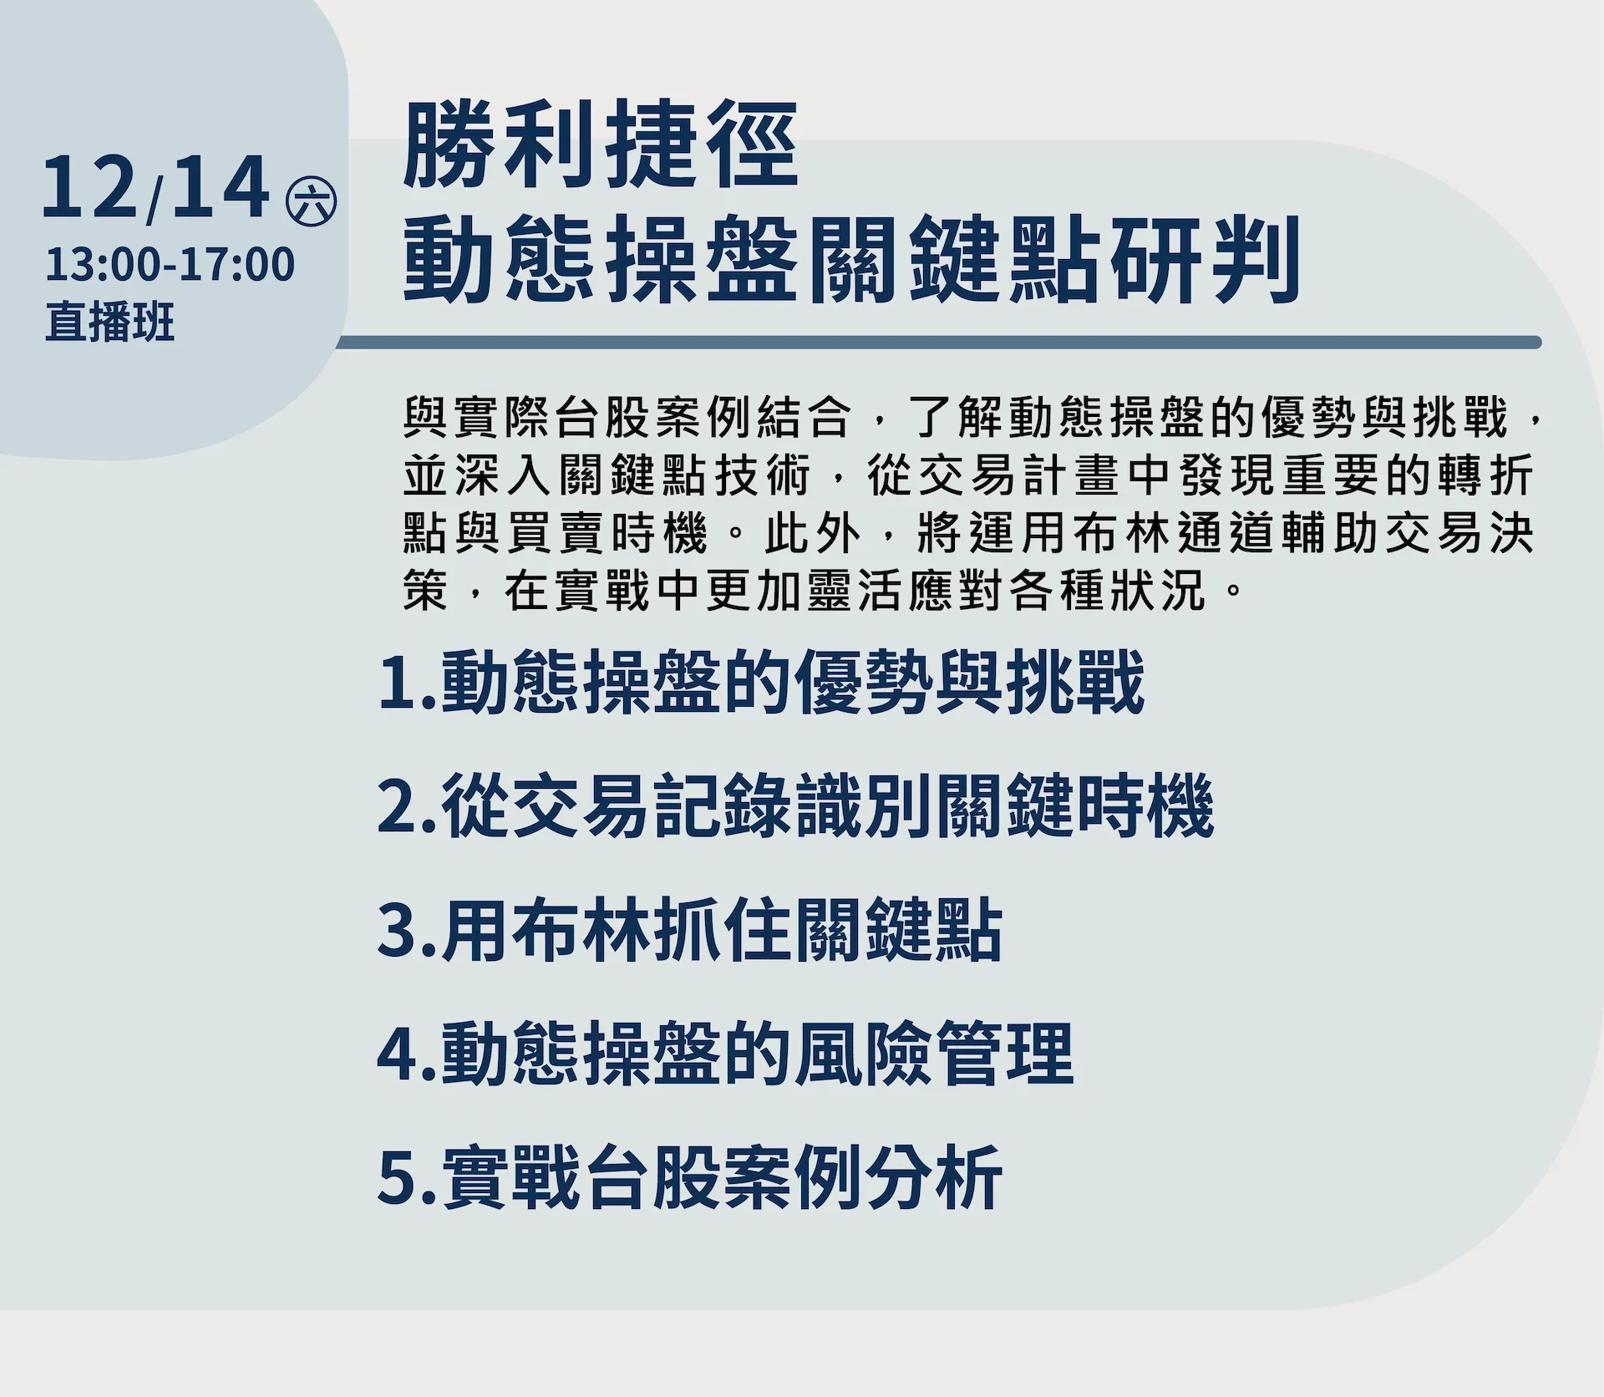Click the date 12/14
(156, 189)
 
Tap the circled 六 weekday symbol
(311, 202)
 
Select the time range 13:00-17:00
(170, 264)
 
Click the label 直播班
(110, 322)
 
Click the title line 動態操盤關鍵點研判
(851, 258)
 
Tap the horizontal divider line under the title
(938, 342)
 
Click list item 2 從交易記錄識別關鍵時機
(796, 806)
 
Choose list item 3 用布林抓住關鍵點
(690, 930)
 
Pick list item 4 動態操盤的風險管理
(725, 1054)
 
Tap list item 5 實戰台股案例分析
(690, 1177)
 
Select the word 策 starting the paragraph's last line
(426, 591)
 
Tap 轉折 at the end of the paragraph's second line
(1486, 476)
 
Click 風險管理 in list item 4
(933, 1054)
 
